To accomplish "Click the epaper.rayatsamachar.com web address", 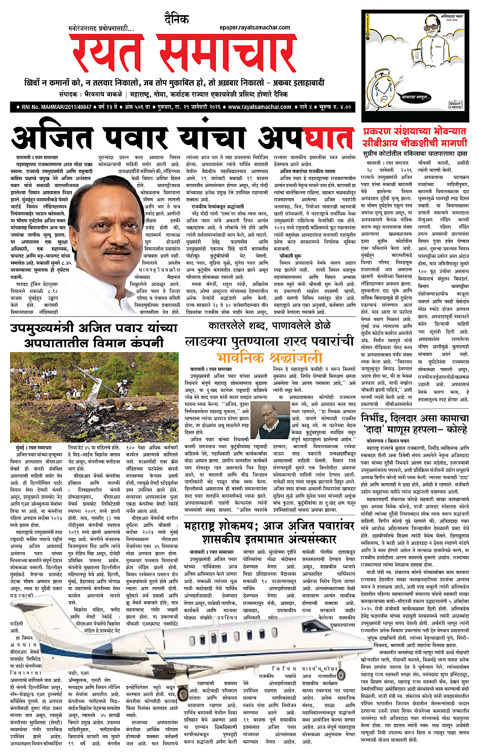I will click(254, 27).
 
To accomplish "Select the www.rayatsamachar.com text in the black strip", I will click(260, 107).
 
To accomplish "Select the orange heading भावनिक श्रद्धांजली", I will click(269, 356).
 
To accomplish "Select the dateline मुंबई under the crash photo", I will click(21, 448).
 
